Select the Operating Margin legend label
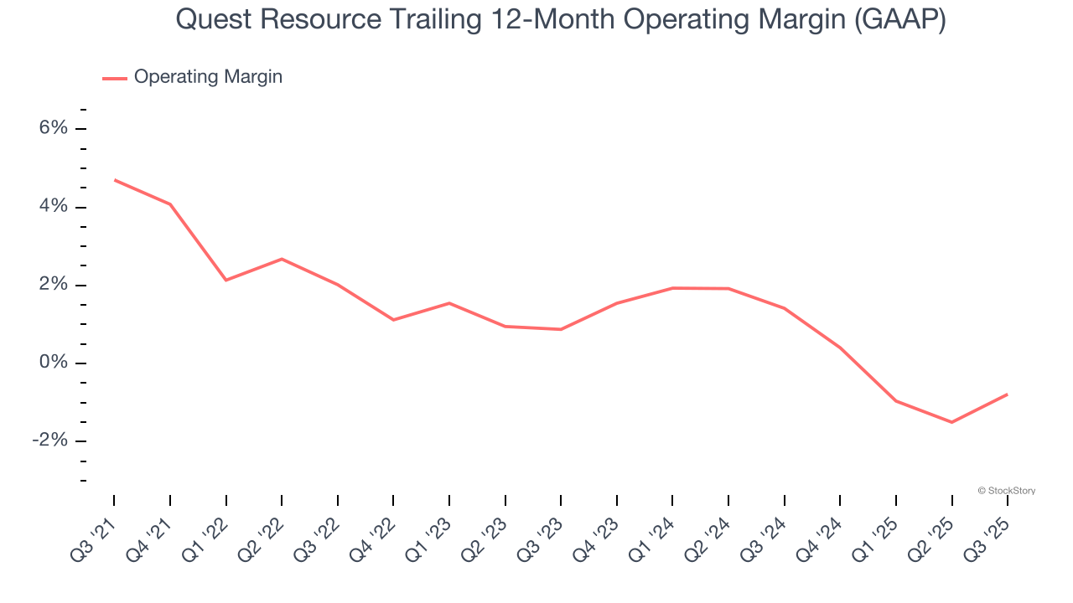pyautogui.click(x=208, y=77)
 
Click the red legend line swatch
pyautogui.click(x=115, y=78)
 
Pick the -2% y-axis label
pyautogui.click(x=49, y=441)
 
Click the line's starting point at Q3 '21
pyautogui.click(x=115, y=180)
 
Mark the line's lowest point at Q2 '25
pyautogui.click(x=951, y=422)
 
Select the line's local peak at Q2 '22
pyautogui.click(x=282, y=259)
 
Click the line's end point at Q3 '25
pyautogui.click(x=1007, y=394)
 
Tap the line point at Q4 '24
pyautogui.click(x=840, y=348)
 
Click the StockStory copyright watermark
pyautogui.click(x=1006, y=491)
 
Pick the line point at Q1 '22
pyautogui.click(x=226, y=280)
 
